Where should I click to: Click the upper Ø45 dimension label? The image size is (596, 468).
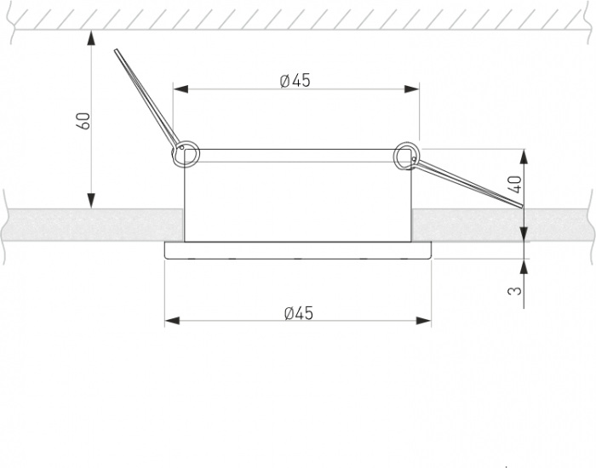(295, 81)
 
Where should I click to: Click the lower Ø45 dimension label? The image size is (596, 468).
(299, 313)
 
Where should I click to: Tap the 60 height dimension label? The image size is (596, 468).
(84, 121)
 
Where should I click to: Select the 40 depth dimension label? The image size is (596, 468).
(515, 185)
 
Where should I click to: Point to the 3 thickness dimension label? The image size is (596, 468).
(515, 291)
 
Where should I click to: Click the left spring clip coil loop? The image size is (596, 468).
(186, 153)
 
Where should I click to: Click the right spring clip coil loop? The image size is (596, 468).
(407, 156)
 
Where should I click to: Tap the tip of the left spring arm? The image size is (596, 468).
(116, 49)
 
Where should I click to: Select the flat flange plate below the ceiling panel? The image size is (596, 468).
(298, 250)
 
